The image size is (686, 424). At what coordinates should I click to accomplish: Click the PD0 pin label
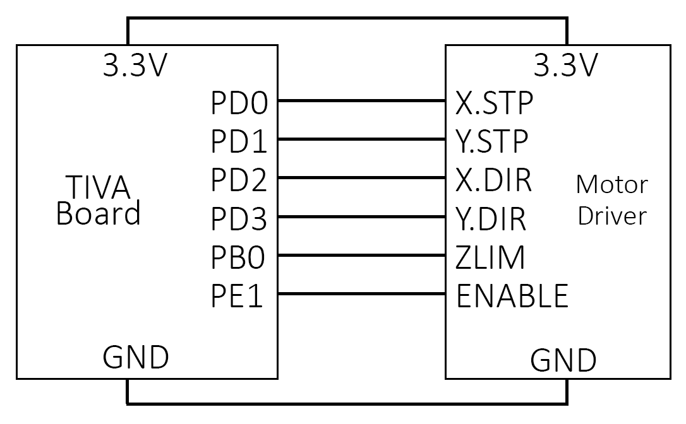pyautogui.click(x=239, y=104)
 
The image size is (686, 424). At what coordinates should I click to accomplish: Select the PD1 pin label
pyautogui.click(x=239, y=143)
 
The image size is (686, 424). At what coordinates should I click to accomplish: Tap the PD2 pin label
pyautogui.click(x=239, y=181)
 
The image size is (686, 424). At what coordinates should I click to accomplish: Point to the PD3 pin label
pyautogui.click(x=239, y=220)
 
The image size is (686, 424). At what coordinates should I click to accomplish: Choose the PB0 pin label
pyautogui.click(x=239, y=259)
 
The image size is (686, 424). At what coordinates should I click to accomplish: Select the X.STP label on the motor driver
pyautogui.click(x=494, y=103)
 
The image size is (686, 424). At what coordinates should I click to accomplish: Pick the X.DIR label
pyautogui.click(x=493, y=180)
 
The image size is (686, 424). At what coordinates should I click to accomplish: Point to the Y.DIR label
pyautogui.click(x=491, y=220)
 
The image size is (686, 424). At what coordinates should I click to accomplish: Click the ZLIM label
pyautogui.click(x=490, y=257)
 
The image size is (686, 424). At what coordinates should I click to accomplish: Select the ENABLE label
pyautogui.click(x=512, y=295)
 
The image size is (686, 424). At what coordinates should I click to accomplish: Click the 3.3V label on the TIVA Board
pyautogui.click(x=136, y=65)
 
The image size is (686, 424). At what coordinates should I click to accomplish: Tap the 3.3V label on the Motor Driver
pyautogui.click(x=565, y=65)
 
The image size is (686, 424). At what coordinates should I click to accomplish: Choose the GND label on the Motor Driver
pyautogui.click(x=563, y=360)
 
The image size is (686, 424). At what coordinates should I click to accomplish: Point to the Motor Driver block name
pyautogui.click(x=612, y=200)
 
